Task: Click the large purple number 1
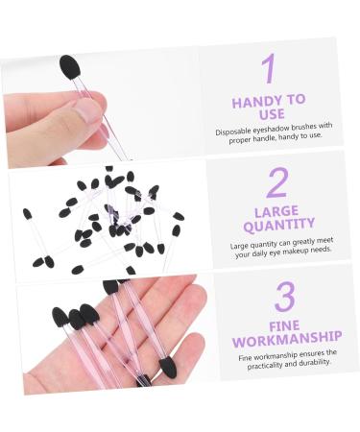(269, 68)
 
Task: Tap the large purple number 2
(277, 182)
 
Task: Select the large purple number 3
(284, 298)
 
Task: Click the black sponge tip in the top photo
(69, 66)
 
